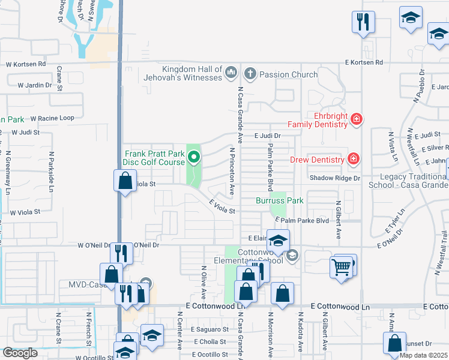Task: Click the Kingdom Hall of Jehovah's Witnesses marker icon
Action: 231,73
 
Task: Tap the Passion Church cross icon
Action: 250,74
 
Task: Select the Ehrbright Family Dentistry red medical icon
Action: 357,119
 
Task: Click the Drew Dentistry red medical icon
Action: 354,159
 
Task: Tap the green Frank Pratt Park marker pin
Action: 194,158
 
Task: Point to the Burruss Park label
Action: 279,200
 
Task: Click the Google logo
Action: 20,353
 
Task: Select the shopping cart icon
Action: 341,266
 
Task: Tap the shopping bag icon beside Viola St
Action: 124,181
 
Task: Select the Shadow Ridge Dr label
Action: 335,178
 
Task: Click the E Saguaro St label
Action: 210,329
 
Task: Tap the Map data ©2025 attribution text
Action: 424,355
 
